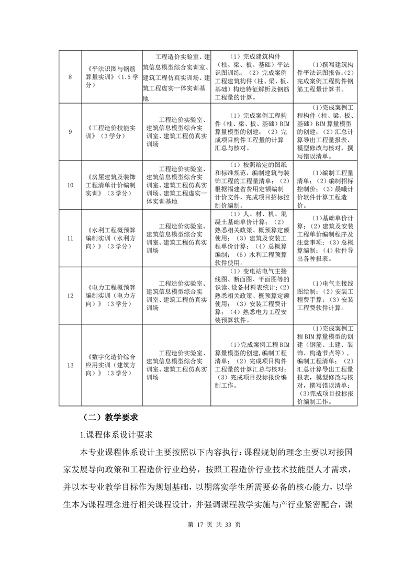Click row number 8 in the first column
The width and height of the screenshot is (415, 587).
(70, 77)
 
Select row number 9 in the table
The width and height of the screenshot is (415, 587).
(70, 131)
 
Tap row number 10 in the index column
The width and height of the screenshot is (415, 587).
(70, 185)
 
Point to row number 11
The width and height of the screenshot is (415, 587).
(70, 239)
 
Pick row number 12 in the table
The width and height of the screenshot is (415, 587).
(70, 295)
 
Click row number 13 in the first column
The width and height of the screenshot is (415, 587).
(70, 365)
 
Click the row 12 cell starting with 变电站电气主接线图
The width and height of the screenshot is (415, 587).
(252, 295)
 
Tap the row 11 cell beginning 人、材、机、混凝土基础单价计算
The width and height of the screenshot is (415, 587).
(252, 239)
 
